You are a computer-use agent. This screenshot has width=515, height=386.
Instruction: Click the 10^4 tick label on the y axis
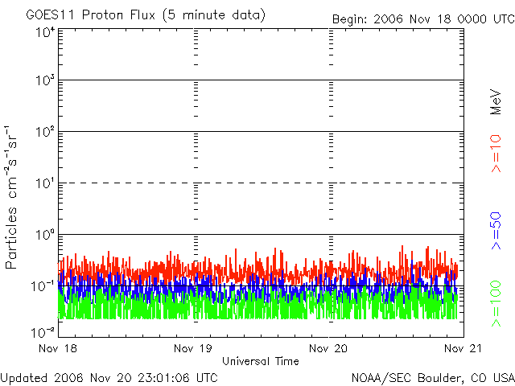(x=43, y=33)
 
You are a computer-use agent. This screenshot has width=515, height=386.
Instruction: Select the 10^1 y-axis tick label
(x=43, y=184)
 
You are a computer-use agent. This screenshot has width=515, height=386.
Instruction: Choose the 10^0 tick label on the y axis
(x=43, y=236)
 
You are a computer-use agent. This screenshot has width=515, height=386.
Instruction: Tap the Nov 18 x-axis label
(x=58, y=349)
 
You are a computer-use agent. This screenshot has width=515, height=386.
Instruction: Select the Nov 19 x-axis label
(x=193, y=349)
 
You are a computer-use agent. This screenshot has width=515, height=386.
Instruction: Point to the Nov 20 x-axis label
(x=328, y=349)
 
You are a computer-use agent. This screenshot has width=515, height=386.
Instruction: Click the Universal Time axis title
(x=260, y=361)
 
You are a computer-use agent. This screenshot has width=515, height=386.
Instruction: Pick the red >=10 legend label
(x=496, y=153)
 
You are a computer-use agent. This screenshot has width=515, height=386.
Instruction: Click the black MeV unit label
(x=496, y=101)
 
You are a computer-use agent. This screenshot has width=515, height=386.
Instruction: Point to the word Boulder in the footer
(x=435, y=377)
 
